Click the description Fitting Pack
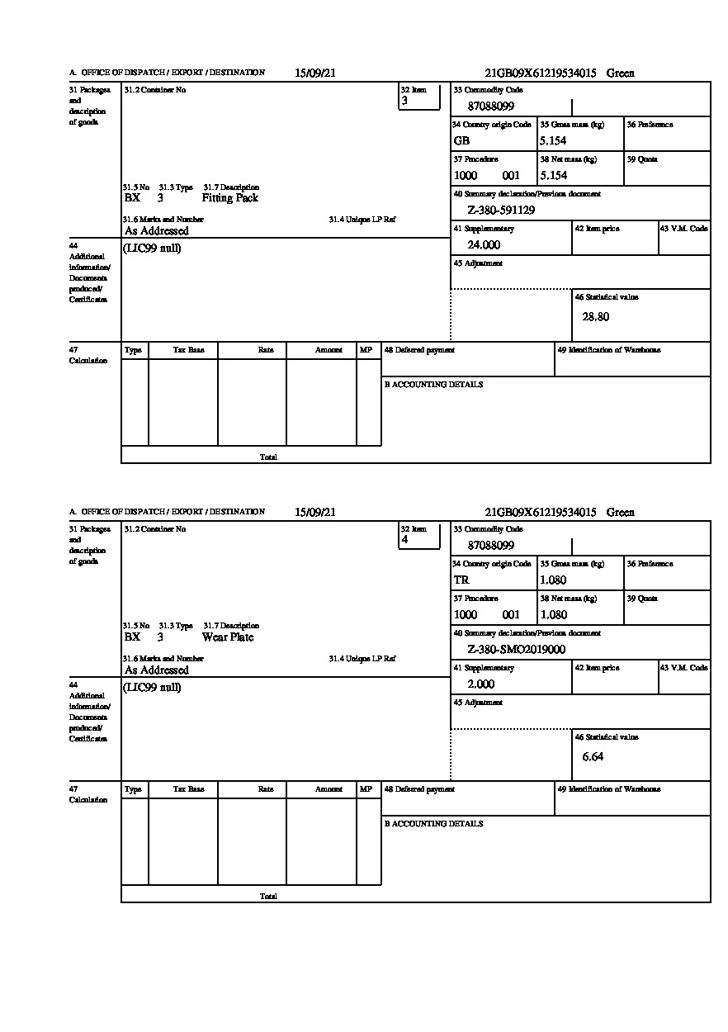tap(229, 198)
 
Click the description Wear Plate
tap(228, 637)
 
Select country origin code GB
tap(461, 141)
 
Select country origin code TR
tap(461, 580)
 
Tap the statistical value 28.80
tap(596, 317)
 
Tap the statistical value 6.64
tap(593, 756)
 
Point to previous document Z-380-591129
tap(501, 211)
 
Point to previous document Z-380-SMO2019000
tap(516, 650)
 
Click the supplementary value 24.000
tap(484, 245)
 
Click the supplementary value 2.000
tap(480, 684)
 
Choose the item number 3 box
tap(419, 97)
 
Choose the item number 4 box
tap(419, 537)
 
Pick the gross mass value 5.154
tap(553, 141)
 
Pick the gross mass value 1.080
tap(553, 580)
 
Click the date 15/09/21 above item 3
tap(315, 73)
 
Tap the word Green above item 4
tap(621, 513)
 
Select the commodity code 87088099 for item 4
tap(491, 546)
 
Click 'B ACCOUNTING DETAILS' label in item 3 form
tap(433, 385)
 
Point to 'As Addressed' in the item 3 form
tap(157, 232)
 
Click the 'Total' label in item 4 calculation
tap(268, 896)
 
